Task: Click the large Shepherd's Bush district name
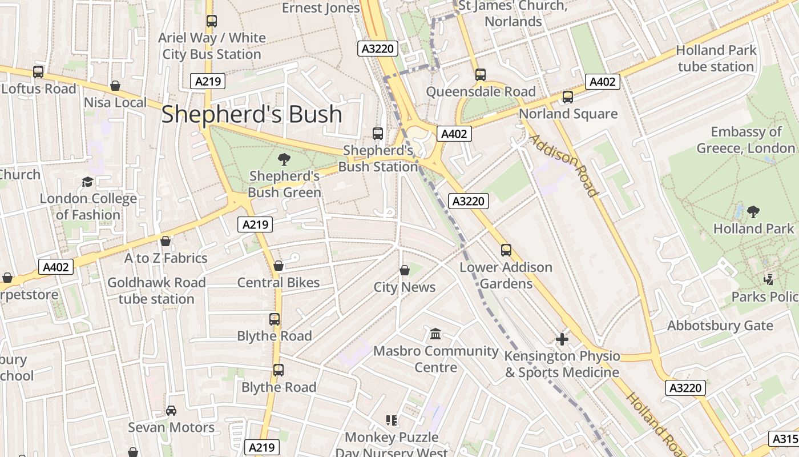pos(252,114)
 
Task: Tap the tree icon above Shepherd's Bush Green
pos(284,159)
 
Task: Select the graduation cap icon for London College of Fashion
pos(87,182)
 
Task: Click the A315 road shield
pos(785,438)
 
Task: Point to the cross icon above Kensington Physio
pos(562,339)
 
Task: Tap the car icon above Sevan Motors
pos(171,411)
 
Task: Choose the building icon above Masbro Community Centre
pos(436,334)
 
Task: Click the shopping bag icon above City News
pos(405,270)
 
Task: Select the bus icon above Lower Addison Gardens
pos(506,250)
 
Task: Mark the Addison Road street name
pos(563,165)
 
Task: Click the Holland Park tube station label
pos(716,58)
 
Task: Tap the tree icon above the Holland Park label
pos(753,212)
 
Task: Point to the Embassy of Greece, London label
pos(745,140)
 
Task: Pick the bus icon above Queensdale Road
pos(481,75)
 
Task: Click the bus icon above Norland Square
pos(568,97)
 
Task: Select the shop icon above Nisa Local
pos(115,86)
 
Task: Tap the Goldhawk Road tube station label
pos(156,291)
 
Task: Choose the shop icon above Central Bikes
pos(279,266)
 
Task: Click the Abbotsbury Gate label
pos(720,326)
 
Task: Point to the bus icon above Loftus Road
pos(38,72)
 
